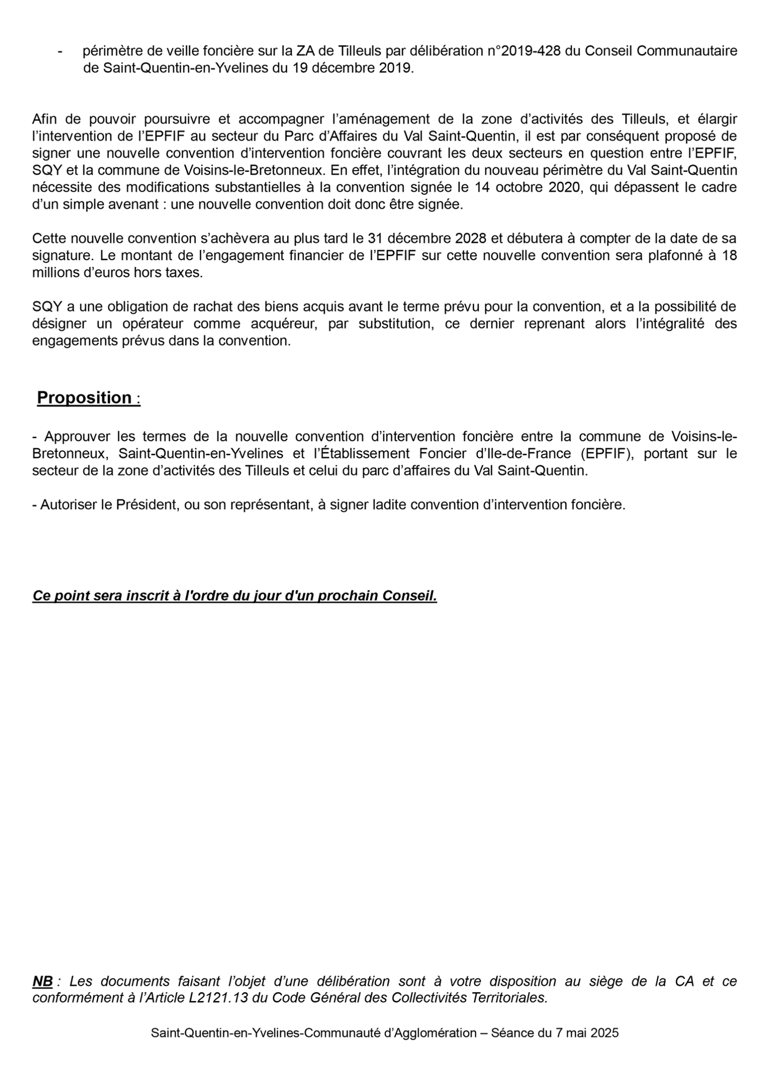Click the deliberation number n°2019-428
524,51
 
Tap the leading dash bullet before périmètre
60,51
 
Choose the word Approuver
78,437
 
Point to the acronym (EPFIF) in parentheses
608,454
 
